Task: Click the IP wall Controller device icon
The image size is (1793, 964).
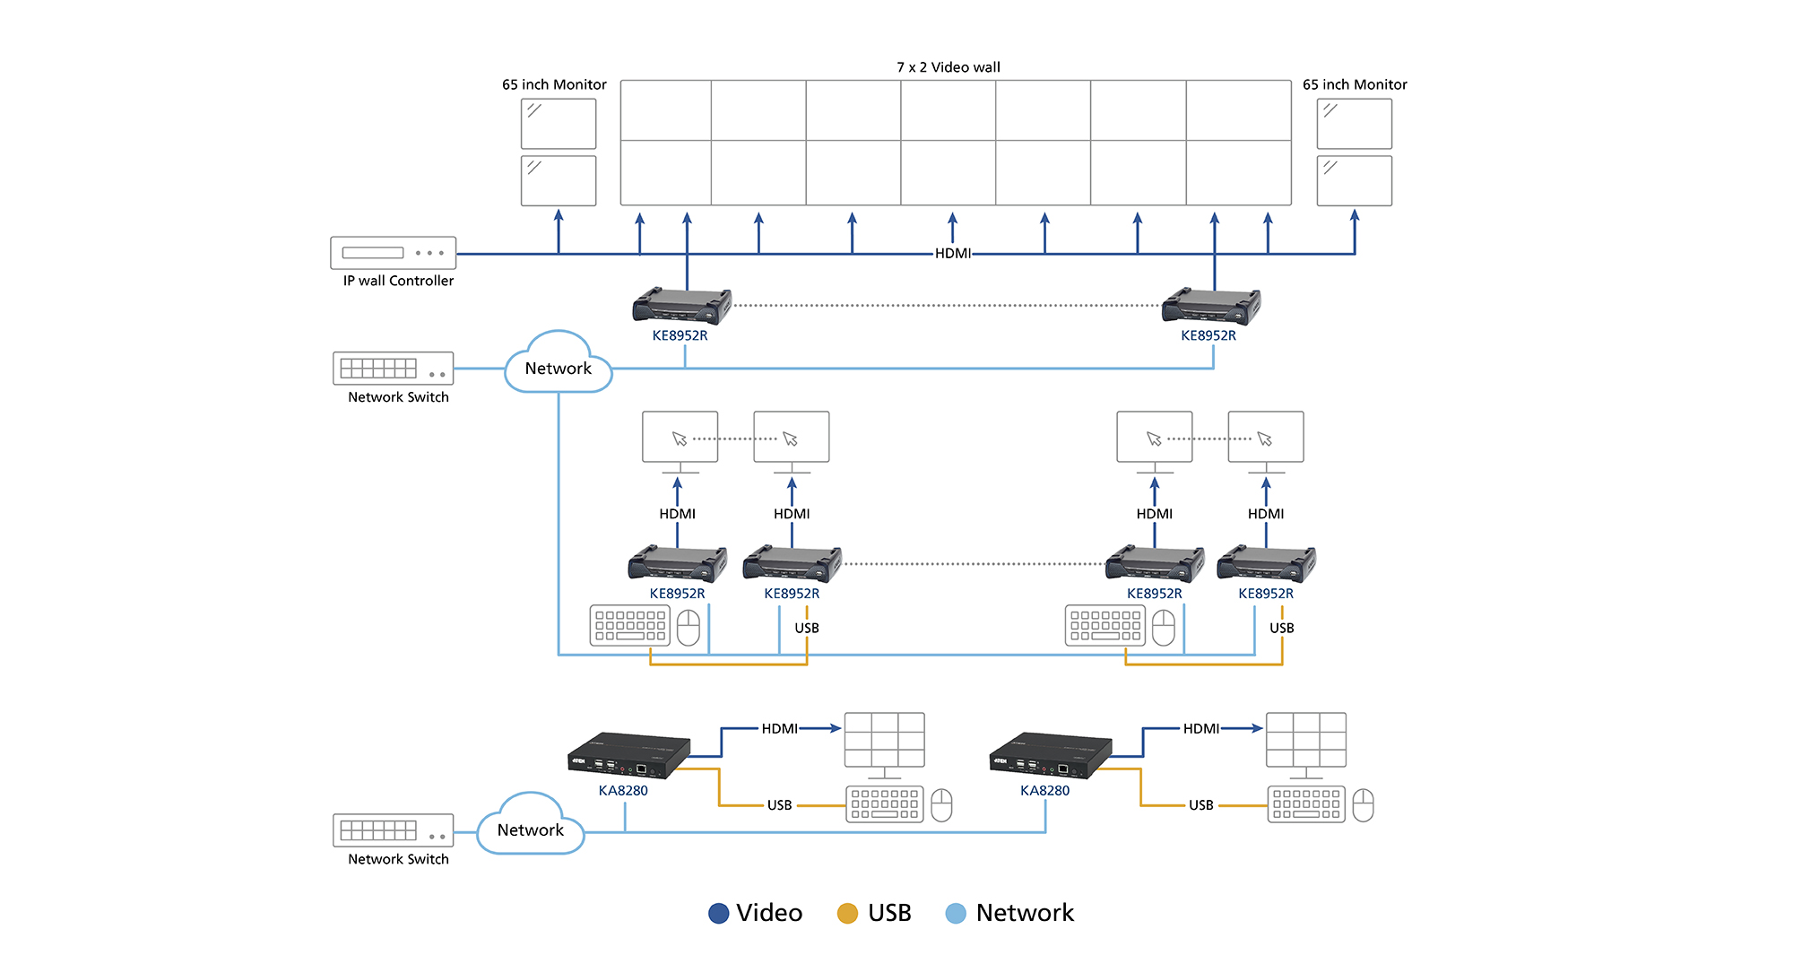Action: (393, 253)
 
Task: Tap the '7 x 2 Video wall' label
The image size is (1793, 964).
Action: (948, 67)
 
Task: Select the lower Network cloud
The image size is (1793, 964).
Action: (530, 827)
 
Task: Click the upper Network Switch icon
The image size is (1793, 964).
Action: (393, 368)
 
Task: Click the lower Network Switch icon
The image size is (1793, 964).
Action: (393, 830)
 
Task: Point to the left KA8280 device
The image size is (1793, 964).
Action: (628, 754)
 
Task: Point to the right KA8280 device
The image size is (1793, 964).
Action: (1050, 754)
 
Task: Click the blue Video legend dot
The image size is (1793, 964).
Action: (718, 913)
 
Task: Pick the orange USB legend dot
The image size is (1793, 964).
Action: (847, 913)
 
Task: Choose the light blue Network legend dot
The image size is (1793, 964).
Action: (956, 913)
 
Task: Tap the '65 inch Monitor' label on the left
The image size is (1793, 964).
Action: (554, 84)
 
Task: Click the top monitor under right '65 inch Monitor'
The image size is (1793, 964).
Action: (1354, 124)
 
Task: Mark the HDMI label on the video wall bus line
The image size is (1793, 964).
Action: (952, 254)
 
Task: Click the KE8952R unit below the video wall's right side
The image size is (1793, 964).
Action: (1210, 306)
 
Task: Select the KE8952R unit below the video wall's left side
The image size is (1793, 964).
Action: (681, 306)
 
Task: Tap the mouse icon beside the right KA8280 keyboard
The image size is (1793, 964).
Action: (1363, 805)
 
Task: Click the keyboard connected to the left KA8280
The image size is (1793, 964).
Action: (884, 803)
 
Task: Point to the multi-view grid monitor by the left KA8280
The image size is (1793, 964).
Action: (884, 741)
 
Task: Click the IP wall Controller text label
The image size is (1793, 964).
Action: (398, 281)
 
